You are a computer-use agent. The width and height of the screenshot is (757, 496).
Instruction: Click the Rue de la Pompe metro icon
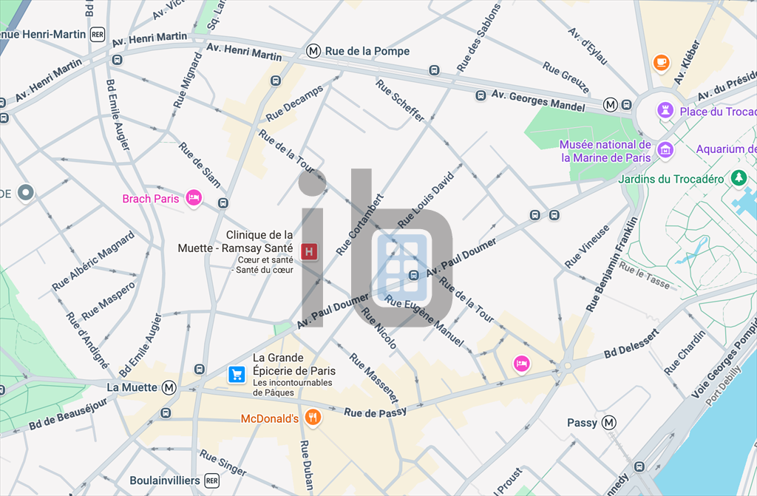pos(314,51)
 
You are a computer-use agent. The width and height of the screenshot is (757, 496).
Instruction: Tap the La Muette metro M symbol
pos(169,387)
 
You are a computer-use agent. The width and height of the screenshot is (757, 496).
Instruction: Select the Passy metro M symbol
pos(609,423)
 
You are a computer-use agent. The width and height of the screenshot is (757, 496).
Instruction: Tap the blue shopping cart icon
pos(237,375)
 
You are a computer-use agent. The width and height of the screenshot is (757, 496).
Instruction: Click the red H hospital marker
pos(309,251)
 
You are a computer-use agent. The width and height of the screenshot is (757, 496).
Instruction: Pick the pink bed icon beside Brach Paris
pos(194,197)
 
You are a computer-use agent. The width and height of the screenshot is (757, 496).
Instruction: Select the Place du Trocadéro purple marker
pos(665,110)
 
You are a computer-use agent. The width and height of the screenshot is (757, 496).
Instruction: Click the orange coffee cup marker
pos(662,63)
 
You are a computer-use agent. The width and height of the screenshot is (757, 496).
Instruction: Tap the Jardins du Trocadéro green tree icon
pos(738,178)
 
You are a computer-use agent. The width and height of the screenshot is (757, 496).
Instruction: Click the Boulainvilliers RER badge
pos(212,480)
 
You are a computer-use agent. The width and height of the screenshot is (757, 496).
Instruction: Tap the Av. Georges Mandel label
pos(538,100)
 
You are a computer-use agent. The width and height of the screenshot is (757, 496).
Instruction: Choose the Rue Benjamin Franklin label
pos(611,264)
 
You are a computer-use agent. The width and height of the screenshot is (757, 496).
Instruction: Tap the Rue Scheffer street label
pos(400,100)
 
